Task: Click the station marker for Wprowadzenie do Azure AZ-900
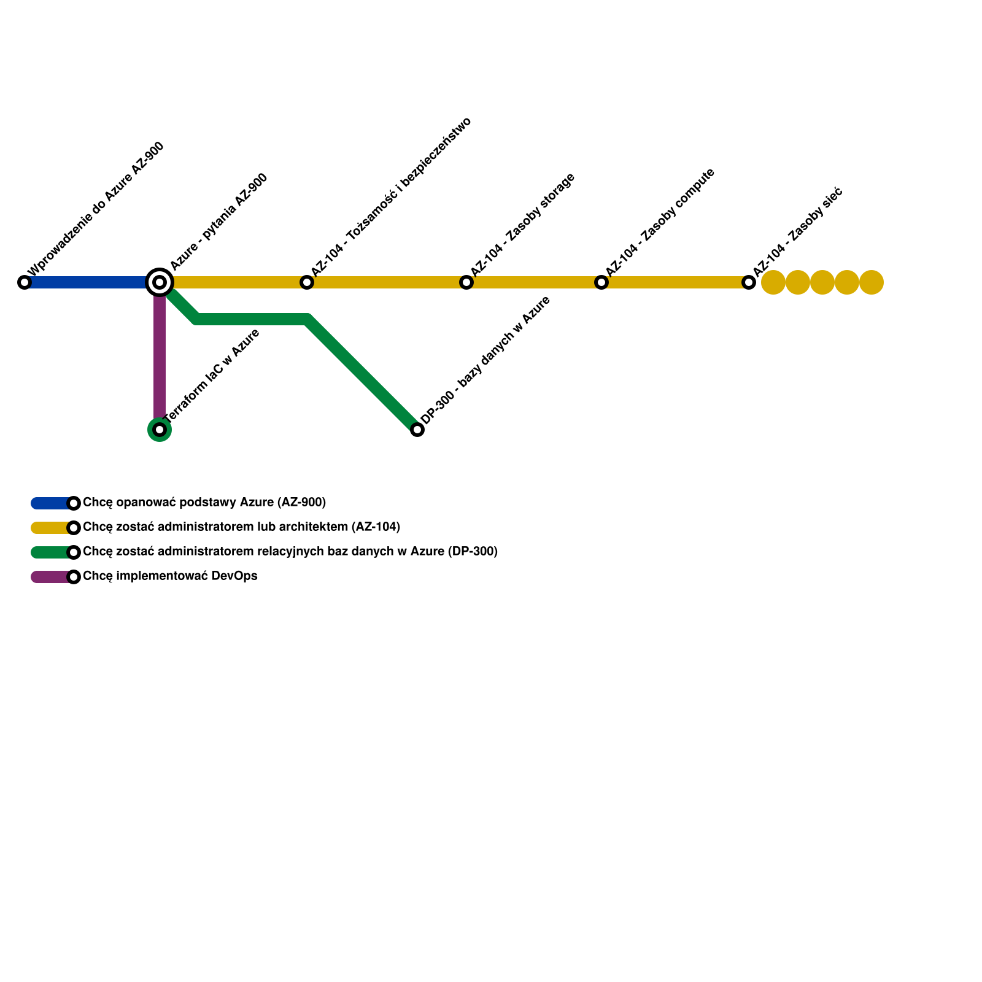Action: pyautogui.click(x=25, y=282)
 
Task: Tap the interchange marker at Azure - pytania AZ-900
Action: pyautogui.click(x=160, y=282)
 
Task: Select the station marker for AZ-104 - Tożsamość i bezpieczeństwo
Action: pyautogui.click(x=307, y=282)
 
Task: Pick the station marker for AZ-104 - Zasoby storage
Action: pyautogui.click(x=466, y=282)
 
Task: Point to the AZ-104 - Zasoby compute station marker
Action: pyautogui.click(x=601, y=282)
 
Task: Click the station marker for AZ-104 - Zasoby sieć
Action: pyautogui.click(x=749, y=282)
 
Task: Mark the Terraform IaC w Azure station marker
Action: pyautogui.click(x=160, y=430)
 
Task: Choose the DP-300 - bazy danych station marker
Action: pyautogui.click(x=417, y=430)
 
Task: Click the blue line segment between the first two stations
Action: pyautogui.click(x=86, y=282)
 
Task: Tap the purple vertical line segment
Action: pyautogui.click(x=160, y=356)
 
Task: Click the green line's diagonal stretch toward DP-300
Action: pyautogui.click(x=362, y=374)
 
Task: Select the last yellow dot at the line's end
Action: pyautogui.click(x=872, y=282)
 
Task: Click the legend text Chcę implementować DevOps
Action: pyautogui.click(x=170, y=576)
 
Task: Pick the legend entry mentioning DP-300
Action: pyautogui.click(x=290, y=552)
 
